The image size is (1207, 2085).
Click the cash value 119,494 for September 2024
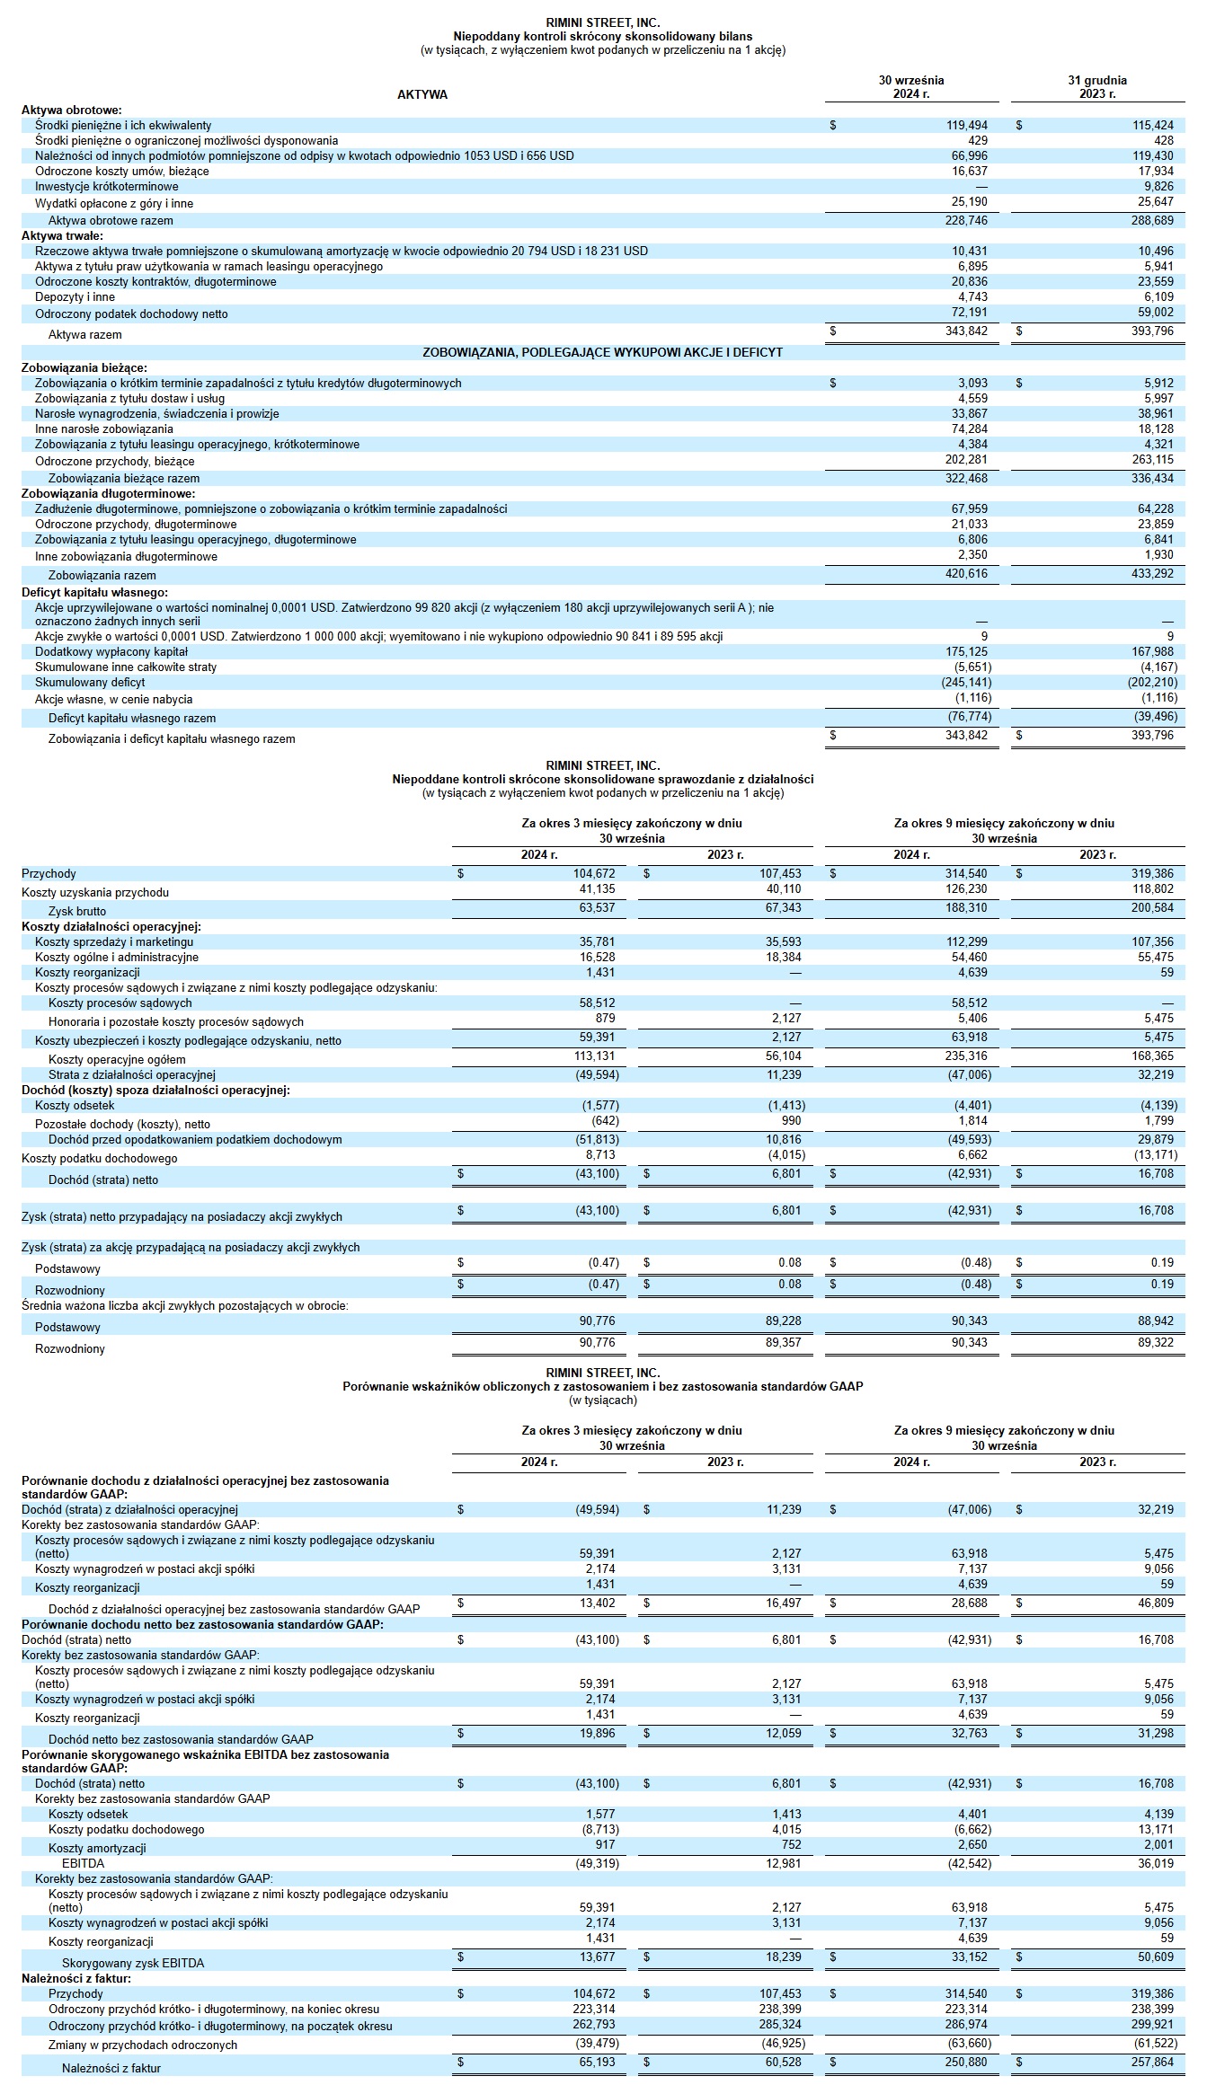(x=966, y=126)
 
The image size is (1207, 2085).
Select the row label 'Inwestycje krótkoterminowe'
(x=107, y=187)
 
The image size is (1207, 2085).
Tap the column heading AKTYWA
(x=422, y=94)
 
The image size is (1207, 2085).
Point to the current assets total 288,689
(x=1152, y=220)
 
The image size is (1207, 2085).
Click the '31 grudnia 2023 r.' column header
(x=1096, y=86)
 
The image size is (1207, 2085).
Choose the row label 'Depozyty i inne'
(x=75, y=297)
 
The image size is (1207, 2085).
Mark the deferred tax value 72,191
(x=969, y=313)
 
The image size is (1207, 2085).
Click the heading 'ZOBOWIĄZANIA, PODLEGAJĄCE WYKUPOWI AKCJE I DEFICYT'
(x=602, y=352)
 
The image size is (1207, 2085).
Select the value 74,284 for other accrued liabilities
(x=969, y=429)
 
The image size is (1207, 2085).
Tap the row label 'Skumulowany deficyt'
(x=90, y=683)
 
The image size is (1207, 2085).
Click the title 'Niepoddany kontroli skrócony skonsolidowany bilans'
(x=602, y=36)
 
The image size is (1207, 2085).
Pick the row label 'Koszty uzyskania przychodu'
(x=95, y=892)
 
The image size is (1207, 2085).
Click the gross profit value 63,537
(x=597, y=908)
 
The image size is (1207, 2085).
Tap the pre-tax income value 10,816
(x=783, y=1140)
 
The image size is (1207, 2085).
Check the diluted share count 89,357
(x=783, y=1343)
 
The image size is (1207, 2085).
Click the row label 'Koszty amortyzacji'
(x=97, y=1848)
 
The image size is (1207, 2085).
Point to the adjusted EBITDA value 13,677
(x=597, y=1957)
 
